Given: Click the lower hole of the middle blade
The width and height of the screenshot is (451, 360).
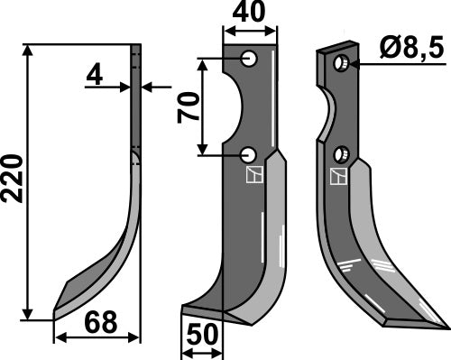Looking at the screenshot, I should (x=249, y=154).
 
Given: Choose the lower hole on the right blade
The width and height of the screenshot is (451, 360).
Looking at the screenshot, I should (x=341, y=153).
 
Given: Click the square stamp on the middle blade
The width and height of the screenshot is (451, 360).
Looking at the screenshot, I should (x=253, y=174).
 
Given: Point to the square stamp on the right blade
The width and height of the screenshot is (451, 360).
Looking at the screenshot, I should (x=341, y=176).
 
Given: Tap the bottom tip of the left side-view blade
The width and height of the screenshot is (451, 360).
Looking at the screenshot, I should (x=55, y=317).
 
